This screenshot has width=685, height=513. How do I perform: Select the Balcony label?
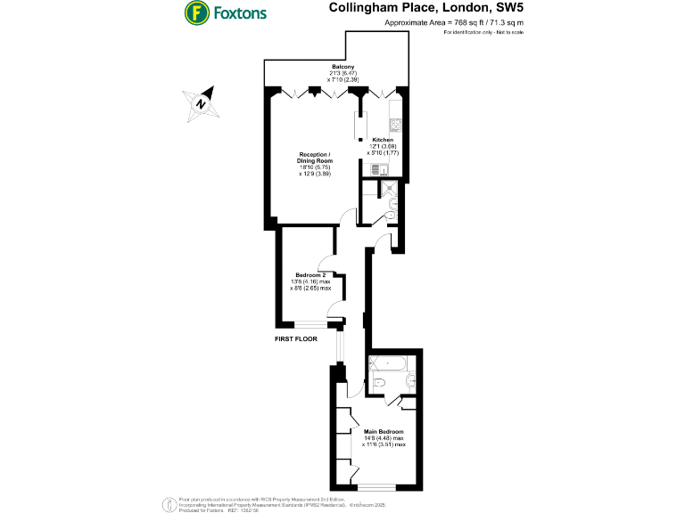coord(344,68)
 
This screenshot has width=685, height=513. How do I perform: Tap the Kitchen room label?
coord(383,141)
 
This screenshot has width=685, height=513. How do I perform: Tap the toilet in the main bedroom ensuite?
coord(378,383)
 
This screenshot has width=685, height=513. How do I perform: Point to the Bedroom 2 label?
coord(311,274)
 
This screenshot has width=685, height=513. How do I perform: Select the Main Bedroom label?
coord(384,431)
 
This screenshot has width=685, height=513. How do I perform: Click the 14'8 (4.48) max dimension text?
coord(384,438)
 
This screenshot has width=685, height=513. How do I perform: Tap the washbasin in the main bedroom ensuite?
coord(409,386)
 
